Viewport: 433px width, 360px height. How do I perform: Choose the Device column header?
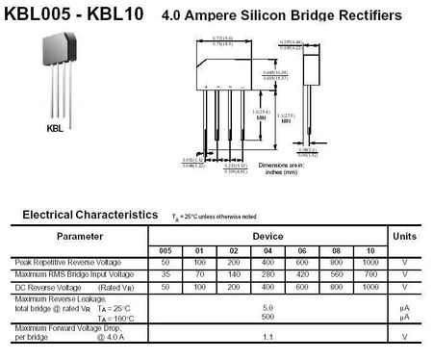(267, 235)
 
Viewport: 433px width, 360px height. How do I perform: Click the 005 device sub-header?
(166, 251)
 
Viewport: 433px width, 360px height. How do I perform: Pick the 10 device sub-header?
(369, 251)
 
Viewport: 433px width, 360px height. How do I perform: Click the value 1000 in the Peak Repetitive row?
(369, 263)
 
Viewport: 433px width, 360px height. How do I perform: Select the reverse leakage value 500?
(267, 317)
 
